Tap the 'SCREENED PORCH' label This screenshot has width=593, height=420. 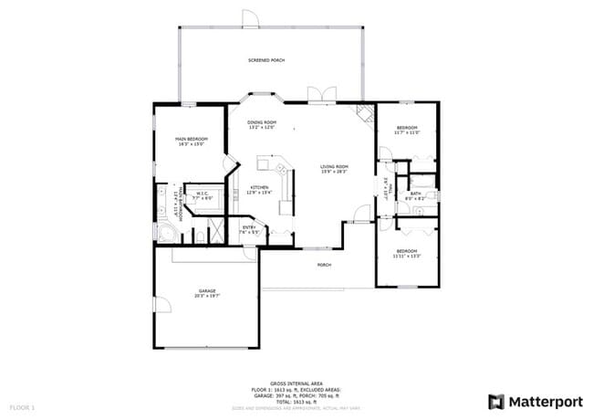pyautogui.click(x=266, y=60)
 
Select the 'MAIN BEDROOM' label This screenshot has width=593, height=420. pyautogui.click(x=192, y=138)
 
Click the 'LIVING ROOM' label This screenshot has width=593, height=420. pyautogui.click(x=334, y=166)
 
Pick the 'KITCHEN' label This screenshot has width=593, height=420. pyautogui.click(x=260, y=187)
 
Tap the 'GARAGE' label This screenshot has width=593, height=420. pyautogui.click(x=207, y=291)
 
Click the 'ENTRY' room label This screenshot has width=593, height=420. pyautogui.click(x=249, y=227)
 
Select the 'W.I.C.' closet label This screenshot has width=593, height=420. pyautogui.click(x=202, y=193)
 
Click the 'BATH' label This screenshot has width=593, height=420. pyautogui.click(x=416, y=194)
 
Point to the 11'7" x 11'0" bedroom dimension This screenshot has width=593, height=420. pyautogui.click(x=406, y=133)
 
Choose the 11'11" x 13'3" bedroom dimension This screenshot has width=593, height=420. pyautogui.click(x=406, y=256)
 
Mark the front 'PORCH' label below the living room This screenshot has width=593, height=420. pyautogui.click(x=324, y=266)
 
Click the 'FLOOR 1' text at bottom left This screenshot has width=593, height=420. pyautogui.click(x=22, y=406)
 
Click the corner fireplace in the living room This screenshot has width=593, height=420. pyautogui.click(x=365, y=112)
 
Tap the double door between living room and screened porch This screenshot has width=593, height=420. pyautogui.click(x=317, y=95)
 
